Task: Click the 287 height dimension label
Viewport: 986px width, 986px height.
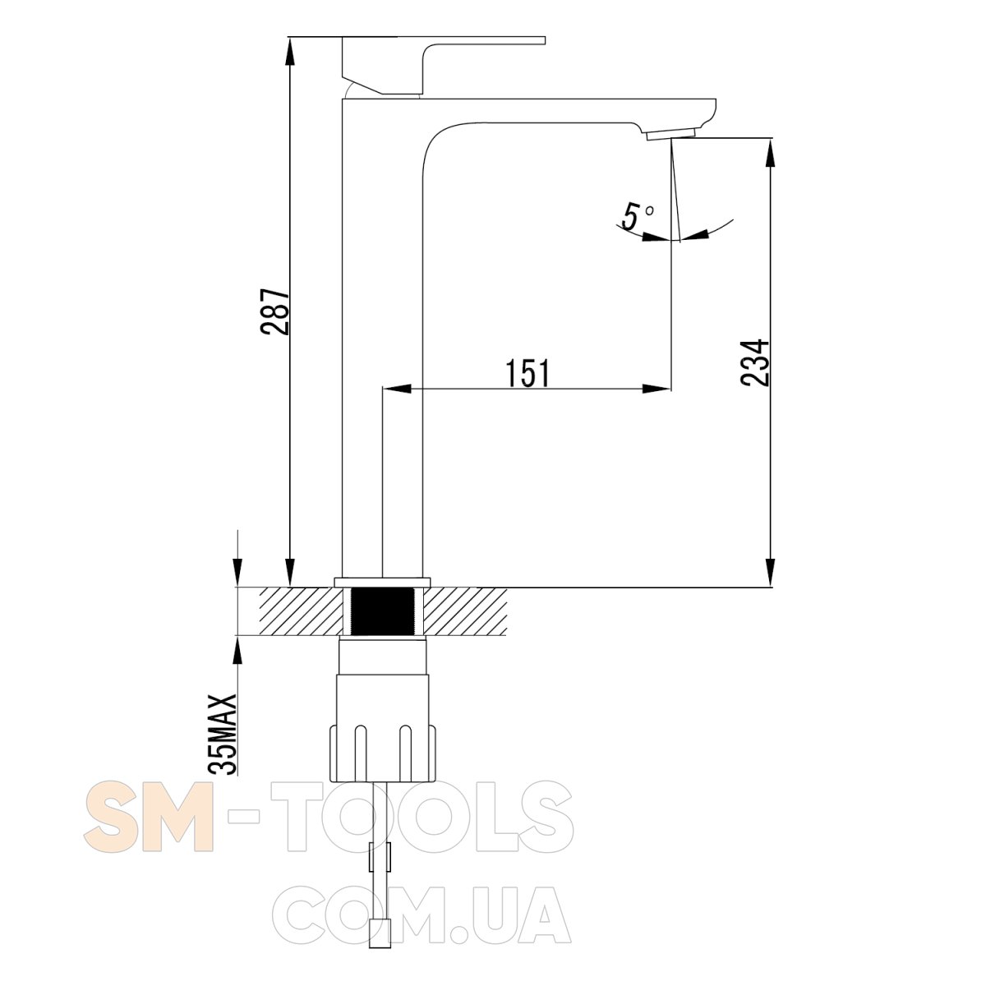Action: click(274, 312)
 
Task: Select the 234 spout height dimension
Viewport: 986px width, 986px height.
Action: click(755, 362)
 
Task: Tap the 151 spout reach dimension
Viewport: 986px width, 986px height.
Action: click(528, 373)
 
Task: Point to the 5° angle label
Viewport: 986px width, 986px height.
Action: click(636, 215)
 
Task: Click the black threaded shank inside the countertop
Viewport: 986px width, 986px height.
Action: click(382, 612)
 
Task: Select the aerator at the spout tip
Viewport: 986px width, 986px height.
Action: click(670, 135)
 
